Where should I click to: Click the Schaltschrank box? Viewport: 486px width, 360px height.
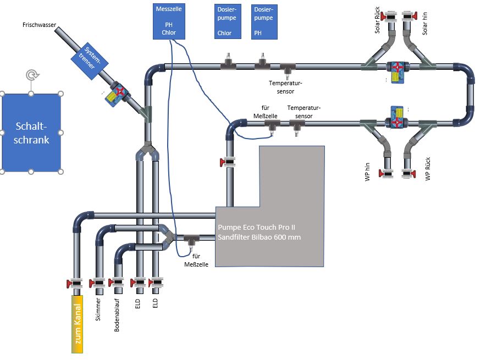point(31,132)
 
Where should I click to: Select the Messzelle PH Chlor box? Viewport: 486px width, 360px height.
point(169,21)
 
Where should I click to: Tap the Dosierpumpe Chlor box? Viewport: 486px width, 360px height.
point(228,21)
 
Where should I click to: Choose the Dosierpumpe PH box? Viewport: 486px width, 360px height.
point(264,21)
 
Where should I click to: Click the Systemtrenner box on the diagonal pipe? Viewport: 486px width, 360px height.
point(90,61)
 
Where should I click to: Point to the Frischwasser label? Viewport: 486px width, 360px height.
point(40,25)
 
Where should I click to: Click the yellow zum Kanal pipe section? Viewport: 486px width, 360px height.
point(77,324)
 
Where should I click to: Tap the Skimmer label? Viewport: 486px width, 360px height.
point(98,309)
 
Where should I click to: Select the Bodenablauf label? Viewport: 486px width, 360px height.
point(117,315)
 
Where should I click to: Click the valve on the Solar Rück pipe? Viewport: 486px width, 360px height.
point(389,16)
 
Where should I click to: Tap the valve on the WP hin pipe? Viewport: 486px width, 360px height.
point(386,173)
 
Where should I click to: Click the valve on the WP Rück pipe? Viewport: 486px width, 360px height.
point(408,173)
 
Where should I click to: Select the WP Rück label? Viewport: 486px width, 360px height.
point(428,169)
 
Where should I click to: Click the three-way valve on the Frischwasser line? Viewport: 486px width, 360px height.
point(118,94)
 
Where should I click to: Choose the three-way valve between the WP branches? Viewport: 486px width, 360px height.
point(397,118)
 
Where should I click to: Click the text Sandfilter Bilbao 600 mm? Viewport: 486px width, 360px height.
point(259,237)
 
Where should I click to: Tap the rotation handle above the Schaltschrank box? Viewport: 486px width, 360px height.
point(31,75)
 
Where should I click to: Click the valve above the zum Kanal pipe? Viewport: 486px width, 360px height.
point(75,283)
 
